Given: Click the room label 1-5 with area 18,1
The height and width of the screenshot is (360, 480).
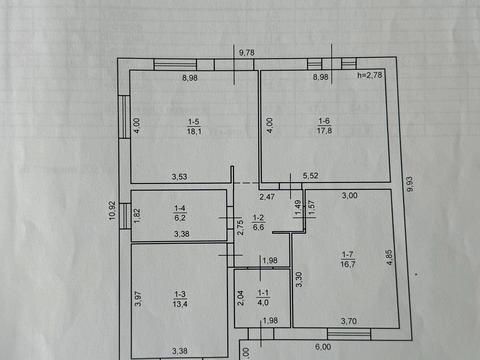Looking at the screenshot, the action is point(194,127).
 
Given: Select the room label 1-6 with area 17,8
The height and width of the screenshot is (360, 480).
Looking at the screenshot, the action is point(324,126).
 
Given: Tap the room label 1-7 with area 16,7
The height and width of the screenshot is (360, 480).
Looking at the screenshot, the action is point(348,260).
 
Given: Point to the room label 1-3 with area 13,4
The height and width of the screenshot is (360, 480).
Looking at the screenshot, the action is point(180,299).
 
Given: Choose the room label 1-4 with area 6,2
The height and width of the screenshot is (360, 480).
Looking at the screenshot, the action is point(180,213).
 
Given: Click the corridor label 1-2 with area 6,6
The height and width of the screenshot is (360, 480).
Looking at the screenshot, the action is point(258,222).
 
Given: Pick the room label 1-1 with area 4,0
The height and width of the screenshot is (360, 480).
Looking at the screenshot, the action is point(263,298).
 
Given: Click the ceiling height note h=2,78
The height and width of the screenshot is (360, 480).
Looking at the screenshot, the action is point(370,75).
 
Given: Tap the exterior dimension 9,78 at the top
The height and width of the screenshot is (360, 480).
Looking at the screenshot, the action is point(247,52).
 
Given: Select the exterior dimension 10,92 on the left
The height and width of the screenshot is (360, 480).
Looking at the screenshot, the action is point(112,210).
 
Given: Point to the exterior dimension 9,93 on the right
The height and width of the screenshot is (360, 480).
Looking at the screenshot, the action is point(410,184).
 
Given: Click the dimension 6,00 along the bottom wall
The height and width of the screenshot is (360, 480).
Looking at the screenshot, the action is point(323,347).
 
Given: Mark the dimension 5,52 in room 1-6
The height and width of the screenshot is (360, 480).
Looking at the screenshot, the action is point(310,176).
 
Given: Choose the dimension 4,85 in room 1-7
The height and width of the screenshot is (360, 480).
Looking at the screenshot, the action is point(389,258).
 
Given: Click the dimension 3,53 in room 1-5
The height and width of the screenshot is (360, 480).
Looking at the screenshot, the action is point(179,177).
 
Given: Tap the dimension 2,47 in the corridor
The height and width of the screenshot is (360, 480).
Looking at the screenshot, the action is point(267,197).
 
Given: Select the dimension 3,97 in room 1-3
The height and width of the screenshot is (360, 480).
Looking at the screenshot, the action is point(138,298).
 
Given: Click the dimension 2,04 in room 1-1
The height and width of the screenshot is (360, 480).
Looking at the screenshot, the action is point(240,298).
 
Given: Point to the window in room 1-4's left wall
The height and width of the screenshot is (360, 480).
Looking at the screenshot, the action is point(125,216).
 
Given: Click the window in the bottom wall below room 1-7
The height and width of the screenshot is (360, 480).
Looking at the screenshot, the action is point(349,334).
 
